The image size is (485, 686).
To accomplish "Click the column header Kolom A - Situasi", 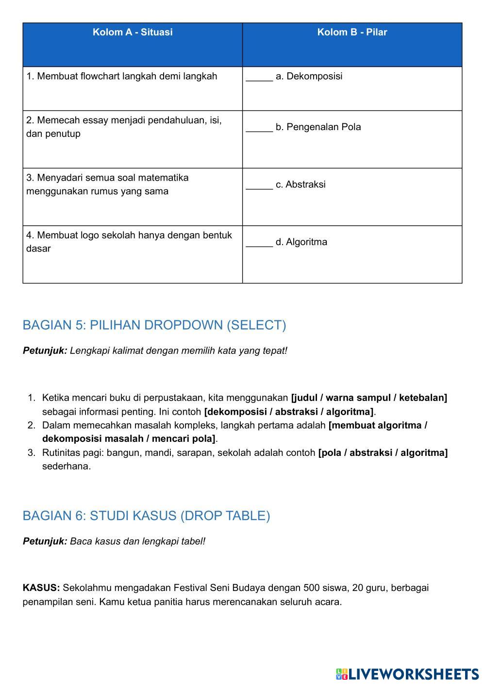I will pyautogui.click(x=133, y=33).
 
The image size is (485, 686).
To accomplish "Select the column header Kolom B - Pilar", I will pyautogui.click(x=352, y=33).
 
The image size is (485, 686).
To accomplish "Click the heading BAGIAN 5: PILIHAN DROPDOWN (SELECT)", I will pyautogui.click(x=154, y=325).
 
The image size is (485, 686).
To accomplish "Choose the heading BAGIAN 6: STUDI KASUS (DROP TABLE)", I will pyautogui.click(x=146, y=516).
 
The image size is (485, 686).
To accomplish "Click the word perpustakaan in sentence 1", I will pyautogui.click(x=177, y=398).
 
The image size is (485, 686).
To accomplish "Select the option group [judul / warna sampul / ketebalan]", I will pyautogui.click(x=369, y=398).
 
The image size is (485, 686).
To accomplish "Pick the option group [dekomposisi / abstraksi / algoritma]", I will pyautogui.click(x=289, y=412).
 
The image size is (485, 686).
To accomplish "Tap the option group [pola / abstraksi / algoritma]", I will pyautogui.click(x=383, y=453).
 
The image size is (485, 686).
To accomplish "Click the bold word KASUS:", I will pyautogui.click(x=41, y=588).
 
